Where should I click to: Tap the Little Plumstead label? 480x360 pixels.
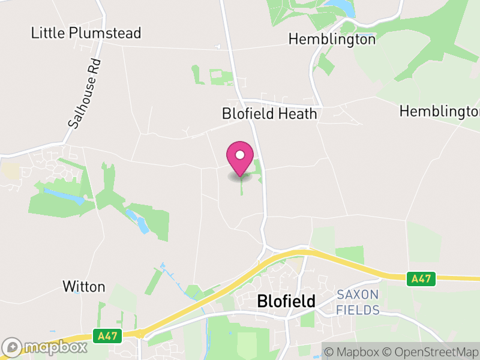[86, 33]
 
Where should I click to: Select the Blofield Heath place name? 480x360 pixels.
[269, 113]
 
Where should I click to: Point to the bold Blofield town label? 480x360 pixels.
[286, 301]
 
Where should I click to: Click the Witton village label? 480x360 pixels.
[84, 287]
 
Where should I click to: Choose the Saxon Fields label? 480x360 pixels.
[358, 302]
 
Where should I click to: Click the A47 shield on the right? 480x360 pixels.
[419, 278]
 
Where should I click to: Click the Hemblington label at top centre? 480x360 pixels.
[332, 40]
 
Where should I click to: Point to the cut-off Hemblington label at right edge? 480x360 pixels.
[439, 112]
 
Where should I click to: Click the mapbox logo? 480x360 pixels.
[45, 347]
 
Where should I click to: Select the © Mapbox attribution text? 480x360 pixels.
[355, 352]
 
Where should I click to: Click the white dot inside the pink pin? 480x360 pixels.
[240, 155]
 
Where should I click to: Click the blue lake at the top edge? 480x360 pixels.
[340, 7]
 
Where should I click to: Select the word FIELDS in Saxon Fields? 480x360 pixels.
[358, 310]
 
